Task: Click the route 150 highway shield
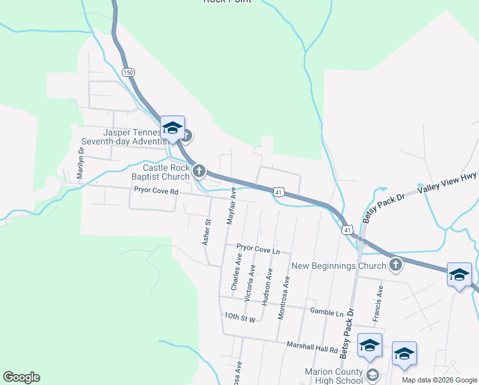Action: click(129, 73)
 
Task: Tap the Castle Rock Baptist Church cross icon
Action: click(199, 171)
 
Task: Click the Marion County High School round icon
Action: click(372, 374)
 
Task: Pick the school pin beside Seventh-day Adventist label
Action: click(173, 128)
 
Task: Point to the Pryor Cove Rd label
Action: click(156, 190)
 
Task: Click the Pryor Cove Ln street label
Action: click(259, 247)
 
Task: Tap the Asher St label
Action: click(207, 232)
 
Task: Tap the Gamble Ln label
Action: click(327, 312)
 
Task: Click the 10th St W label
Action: click(240, 318)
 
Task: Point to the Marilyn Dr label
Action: click(81, 164)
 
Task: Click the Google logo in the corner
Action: click(21, 377)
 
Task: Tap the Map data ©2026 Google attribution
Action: click(439, 380)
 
